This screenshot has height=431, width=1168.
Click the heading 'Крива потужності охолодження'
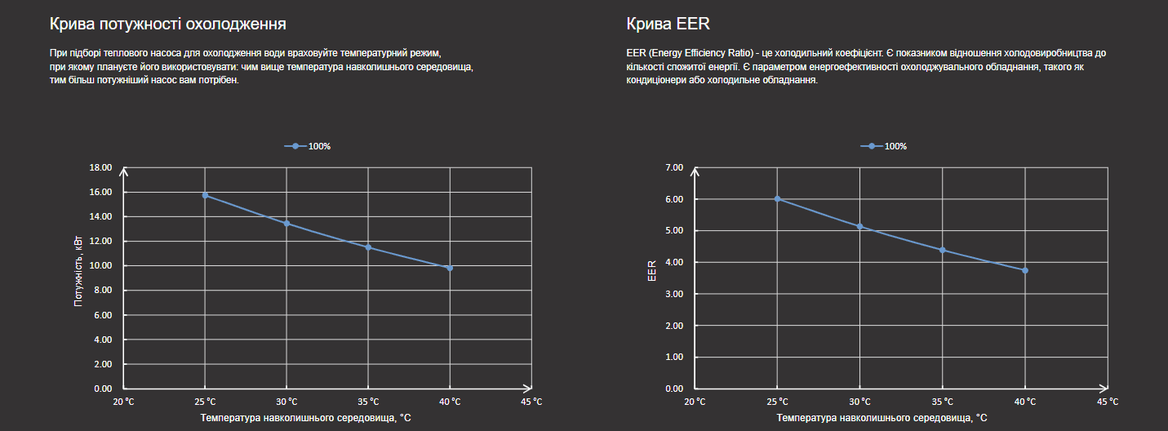click(x=167, y=23)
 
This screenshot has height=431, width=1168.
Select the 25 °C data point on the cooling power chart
click(x=205, y=195)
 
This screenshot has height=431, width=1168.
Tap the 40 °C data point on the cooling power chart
click(x=450, y=268)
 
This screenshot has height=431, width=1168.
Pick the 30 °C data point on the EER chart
click(x=860, y=226)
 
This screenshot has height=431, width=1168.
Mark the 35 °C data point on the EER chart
click(x=943, y=250)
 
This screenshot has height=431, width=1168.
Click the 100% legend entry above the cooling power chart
click(x=309, y=146)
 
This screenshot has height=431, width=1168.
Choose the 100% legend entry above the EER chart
click(x=885, y=146)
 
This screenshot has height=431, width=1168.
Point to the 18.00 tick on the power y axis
click(x=101, y=167)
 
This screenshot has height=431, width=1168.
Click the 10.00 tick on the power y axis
click(x=101, y=265)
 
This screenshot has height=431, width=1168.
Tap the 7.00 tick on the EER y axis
click(x=675, y=167)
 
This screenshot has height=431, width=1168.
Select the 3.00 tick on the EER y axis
click(x=675, y=294)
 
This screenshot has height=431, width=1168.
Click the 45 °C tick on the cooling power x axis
click(x=531, y=401)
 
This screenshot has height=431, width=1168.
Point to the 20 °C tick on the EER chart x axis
click(x=695, y=401)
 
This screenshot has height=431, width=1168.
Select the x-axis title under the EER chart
click(x=882, y=418)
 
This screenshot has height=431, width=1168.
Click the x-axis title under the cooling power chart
click(x=305, y=418)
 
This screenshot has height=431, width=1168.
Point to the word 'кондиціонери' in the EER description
click(x=655, y=81)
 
